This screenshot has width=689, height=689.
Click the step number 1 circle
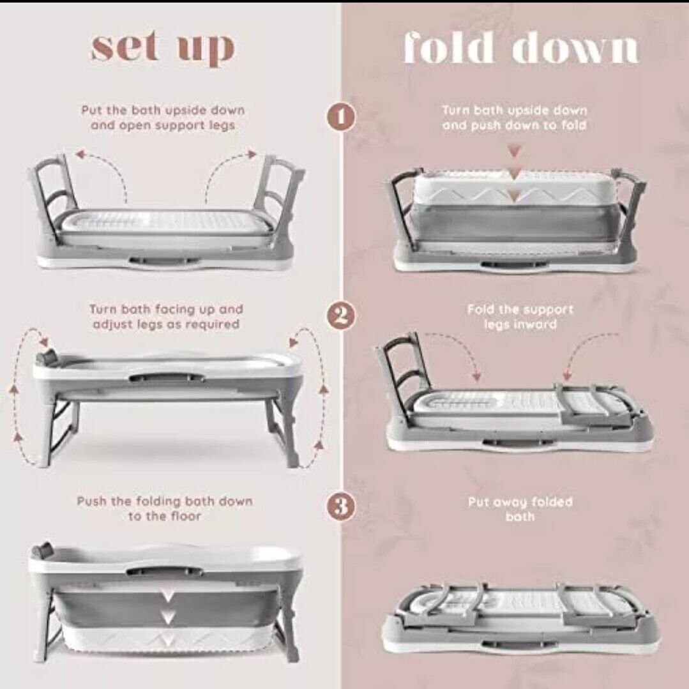(341, 117)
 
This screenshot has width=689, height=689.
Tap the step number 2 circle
(341, 316)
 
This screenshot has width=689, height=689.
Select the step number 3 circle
(341, 507)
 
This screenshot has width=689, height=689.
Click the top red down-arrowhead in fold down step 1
(515, 152)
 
